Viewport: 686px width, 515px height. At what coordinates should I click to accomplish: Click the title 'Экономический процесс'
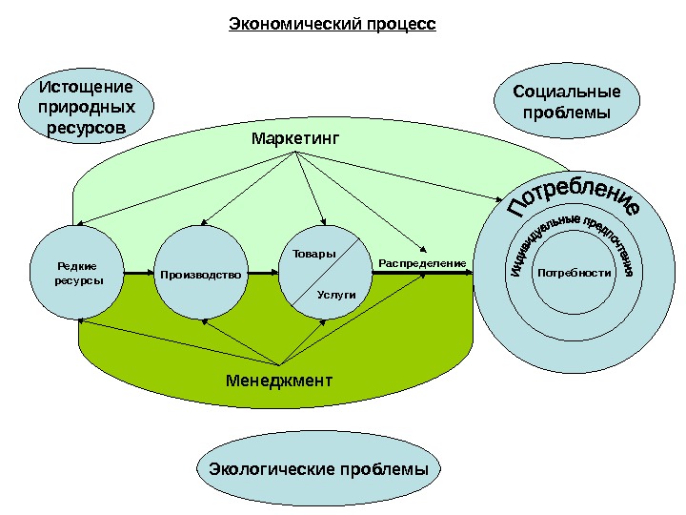[x=332, y=22]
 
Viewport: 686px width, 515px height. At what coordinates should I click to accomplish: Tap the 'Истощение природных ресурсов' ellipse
[x=86, y=106]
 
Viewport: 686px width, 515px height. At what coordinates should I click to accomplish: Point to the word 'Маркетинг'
[x=295, y=139]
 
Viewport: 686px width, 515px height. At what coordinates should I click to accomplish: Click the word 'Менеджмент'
[x=279, y=380]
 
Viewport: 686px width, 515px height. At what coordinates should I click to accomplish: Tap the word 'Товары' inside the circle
[x=313, y=254]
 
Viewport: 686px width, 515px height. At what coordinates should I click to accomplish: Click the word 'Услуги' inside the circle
[x=335, y=295]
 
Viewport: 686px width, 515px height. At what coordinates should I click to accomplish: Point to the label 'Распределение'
[x=422, y=262]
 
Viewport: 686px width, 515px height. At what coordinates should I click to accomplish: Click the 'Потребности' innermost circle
[x=574, y=273]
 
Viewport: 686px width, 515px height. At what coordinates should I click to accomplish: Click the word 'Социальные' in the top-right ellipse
[x=566, y=93]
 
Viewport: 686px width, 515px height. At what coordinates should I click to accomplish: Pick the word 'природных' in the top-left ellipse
[x=86, y=106]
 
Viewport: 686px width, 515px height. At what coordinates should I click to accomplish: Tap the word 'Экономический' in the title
[x=293, y=22]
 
